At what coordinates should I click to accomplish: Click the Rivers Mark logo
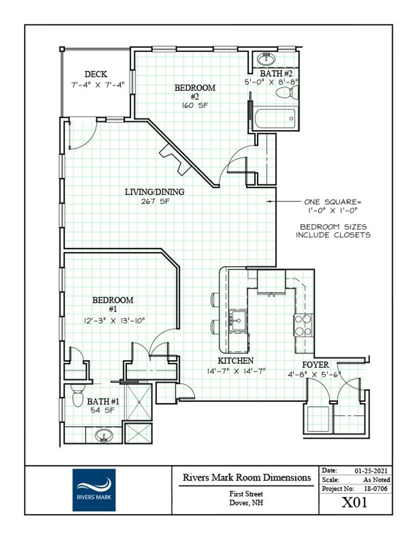94,490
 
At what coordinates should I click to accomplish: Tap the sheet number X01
355,503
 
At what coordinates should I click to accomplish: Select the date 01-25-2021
371,471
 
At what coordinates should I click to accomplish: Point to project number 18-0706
376,489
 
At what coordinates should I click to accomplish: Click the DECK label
96,74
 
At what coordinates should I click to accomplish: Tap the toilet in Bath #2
287,92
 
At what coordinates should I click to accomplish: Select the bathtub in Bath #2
275,119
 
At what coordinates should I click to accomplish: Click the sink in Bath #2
266,59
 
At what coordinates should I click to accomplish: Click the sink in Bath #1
104,436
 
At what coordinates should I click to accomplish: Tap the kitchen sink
238,320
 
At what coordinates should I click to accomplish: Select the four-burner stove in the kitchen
303,325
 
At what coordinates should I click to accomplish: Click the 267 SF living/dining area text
155,202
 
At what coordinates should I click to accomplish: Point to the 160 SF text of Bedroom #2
195,105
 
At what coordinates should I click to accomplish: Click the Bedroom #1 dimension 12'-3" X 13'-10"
114,321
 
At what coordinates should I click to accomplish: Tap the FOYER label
315,364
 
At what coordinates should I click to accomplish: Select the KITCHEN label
236,361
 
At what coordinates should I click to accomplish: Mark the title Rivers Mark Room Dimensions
247,478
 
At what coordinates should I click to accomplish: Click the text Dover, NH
246,503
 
